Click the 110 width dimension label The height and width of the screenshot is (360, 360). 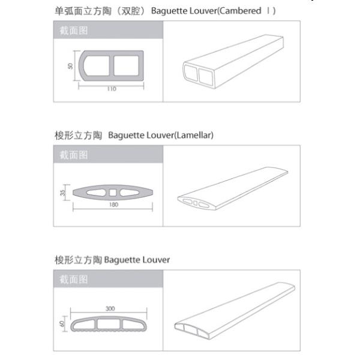(112, 89)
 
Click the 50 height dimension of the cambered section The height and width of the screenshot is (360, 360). (70, 65)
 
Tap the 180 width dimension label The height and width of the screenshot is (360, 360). (114, 205)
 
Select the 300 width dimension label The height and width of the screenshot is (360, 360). (110, 308)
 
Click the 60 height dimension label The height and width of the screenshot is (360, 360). (62, 323)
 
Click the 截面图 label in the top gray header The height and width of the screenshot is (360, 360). (74, 31)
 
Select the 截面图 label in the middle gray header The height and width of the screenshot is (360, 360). (74, 155)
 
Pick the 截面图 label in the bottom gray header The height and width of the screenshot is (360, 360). (74, 280)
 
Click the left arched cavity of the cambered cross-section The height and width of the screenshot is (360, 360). (97, 65)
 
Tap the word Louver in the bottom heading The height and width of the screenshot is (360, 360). (156, 260)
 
